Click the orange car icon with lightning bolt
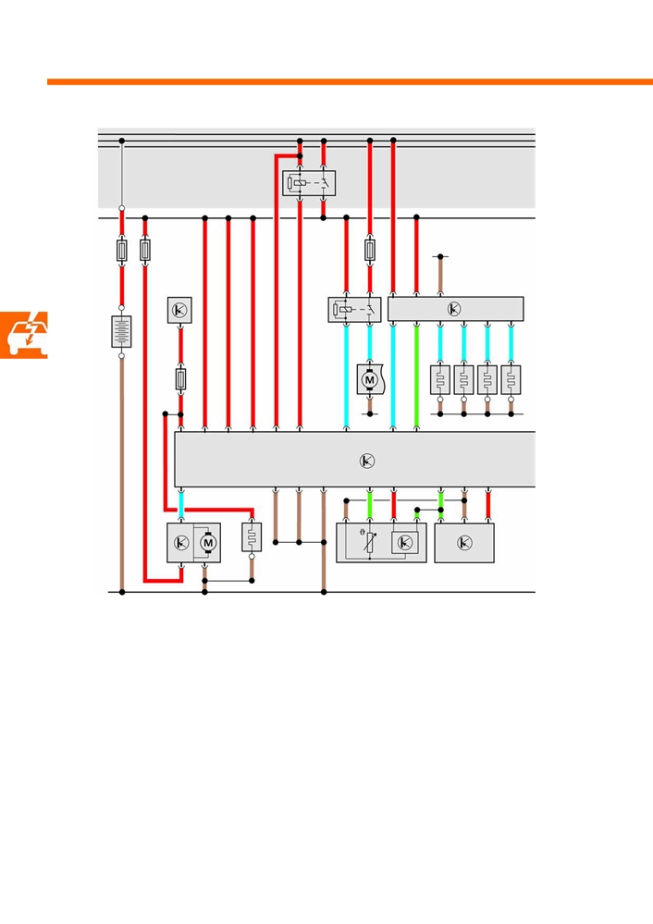click(23, 335)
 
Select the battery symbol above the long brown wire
click(121, 332)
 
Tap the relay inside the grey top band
click(309, 183)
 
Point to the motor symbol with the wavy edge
click(371, 379)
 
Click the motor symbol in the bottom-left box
click(207, 542)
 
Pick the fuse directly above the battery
click(121, 251)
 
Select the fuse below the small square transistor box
click(181, 379)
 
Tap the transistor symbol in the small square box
click(179, 310)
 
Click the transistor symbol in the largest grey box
click(366, 461)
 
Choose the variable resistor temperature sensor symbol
click(369, 542)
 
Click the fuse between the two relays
click(370, 250)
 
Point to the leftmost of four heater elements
click(440, 380)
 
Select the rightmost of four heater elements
click(511, 380)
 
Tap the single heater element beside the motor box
click(252, 537)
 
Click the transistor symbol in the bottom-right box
click(464, 543)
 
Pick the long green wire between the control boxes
click(416, 376)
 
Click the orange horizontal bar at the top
click(350, 82)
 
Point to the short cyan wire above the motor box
click(181, 506)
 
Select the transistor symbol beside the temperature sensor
click(405, 543)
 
